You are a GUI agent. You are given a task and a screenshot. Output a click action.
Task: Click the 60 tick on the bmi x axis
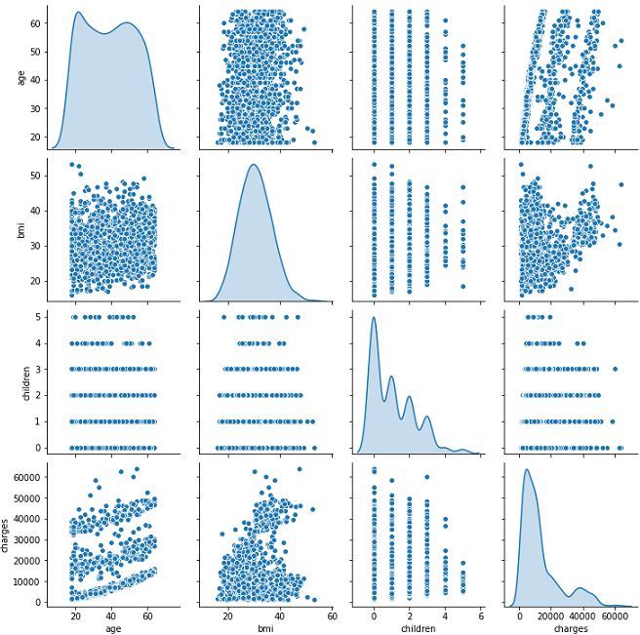[x=332, y=615]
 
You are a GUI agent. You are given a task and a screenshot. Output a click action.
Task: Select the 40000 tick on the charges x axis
[x=582, y=615]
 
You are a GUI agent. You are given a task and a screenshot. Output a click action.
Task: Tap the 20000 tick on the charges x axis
[x=551, y=615]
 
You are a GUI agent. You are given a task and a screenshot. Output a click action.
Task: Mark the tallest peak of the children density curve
[x=373, y=317]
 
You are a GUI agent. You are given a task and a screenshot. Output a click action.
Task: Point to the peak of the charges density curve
[x=529, y=470]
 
